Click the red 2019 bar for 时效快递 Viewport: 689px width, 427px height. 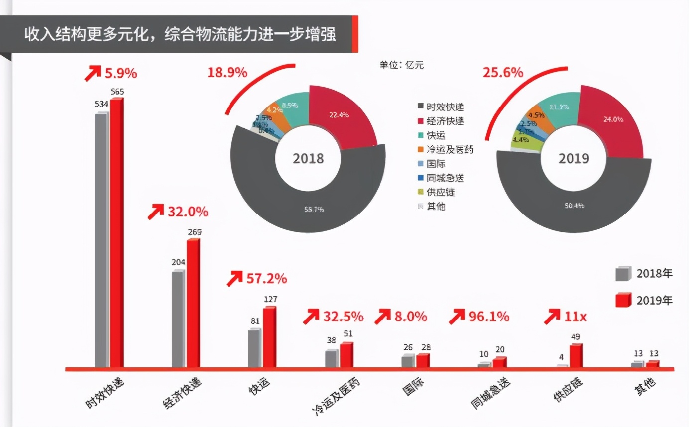[x=116, y=233]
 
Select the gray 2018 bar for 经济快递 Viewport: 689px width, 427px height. [x=177, y=320]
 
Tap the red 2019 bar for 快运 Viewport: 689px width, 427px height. [x=269, y=337]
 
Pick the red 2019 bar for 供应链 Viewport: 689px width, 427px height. [x=575, y=356]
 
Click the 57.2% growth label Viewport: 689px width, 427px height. [x=266, y=279]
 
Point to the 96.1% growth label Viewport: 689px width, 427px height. [x=489, y=316]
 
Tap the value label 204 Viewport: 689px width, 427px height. [x=177, y=262]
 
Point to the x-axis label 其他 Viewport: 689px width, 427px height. [x=645, y=386]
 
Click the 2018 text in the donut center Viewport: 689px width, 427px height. [x=308, y=159]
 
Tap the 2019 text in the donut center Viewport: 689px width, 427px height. [x=573, y=159]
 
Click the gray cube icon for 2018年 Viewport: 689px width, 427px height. [x=623, y=274]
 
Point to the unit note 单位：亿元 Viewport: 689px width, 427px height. [x=402, y=65]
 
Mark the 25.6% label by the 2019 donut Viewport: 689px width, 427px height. [x=502, y=73]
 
